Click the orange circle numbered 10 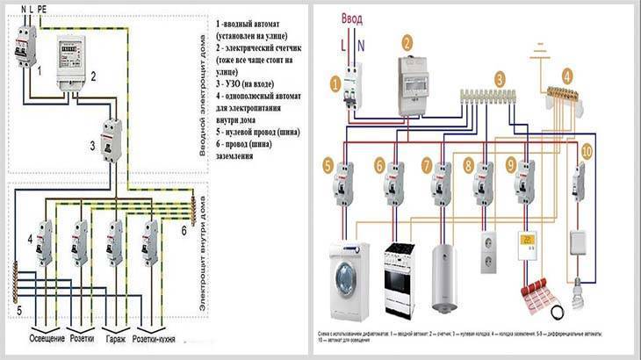pyautogui.click(x=587, y=151)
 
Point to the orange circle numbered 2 pyautogui.click(x=407, y=41)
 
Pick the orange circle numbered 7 pyautogui.click(x=427, y=164)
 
